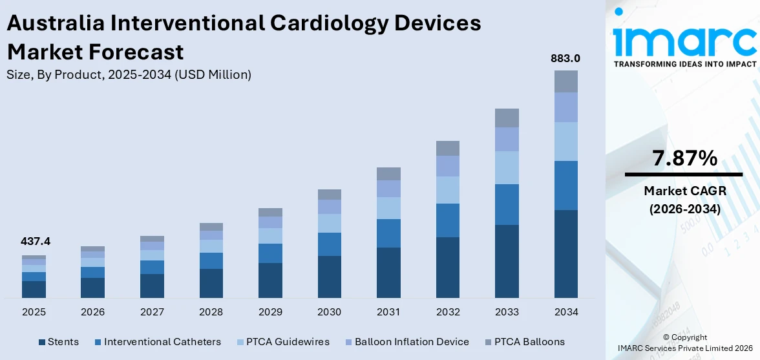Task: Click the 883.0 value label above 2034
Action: [x=565, y=58]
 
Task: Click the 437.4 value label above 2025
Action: [x=36, y=242]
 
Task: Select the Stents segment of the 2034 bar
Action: [x=565, y=253]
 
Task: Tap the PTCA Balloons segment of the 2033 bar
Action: [x=507, y=118]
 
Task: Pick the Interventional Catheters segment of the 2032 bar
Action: [x=448, y=220]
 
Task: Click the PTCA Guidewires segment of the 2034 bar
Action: [x=565, y=142]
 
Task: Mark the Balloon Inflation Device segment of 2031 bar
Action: [x=388, y=189]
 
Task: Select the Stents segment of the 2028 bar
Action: [x=211, y=283]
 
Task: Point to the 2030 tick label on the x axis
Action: [x=330, y=312]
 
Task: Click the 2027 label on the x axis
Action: [x=152, y=312]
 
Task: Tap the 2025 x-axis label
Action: [x=34, y=312]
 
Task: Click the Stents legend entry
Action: [x=59, y=342]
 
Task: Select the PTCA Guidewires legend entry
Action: [x=282, y=342]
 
